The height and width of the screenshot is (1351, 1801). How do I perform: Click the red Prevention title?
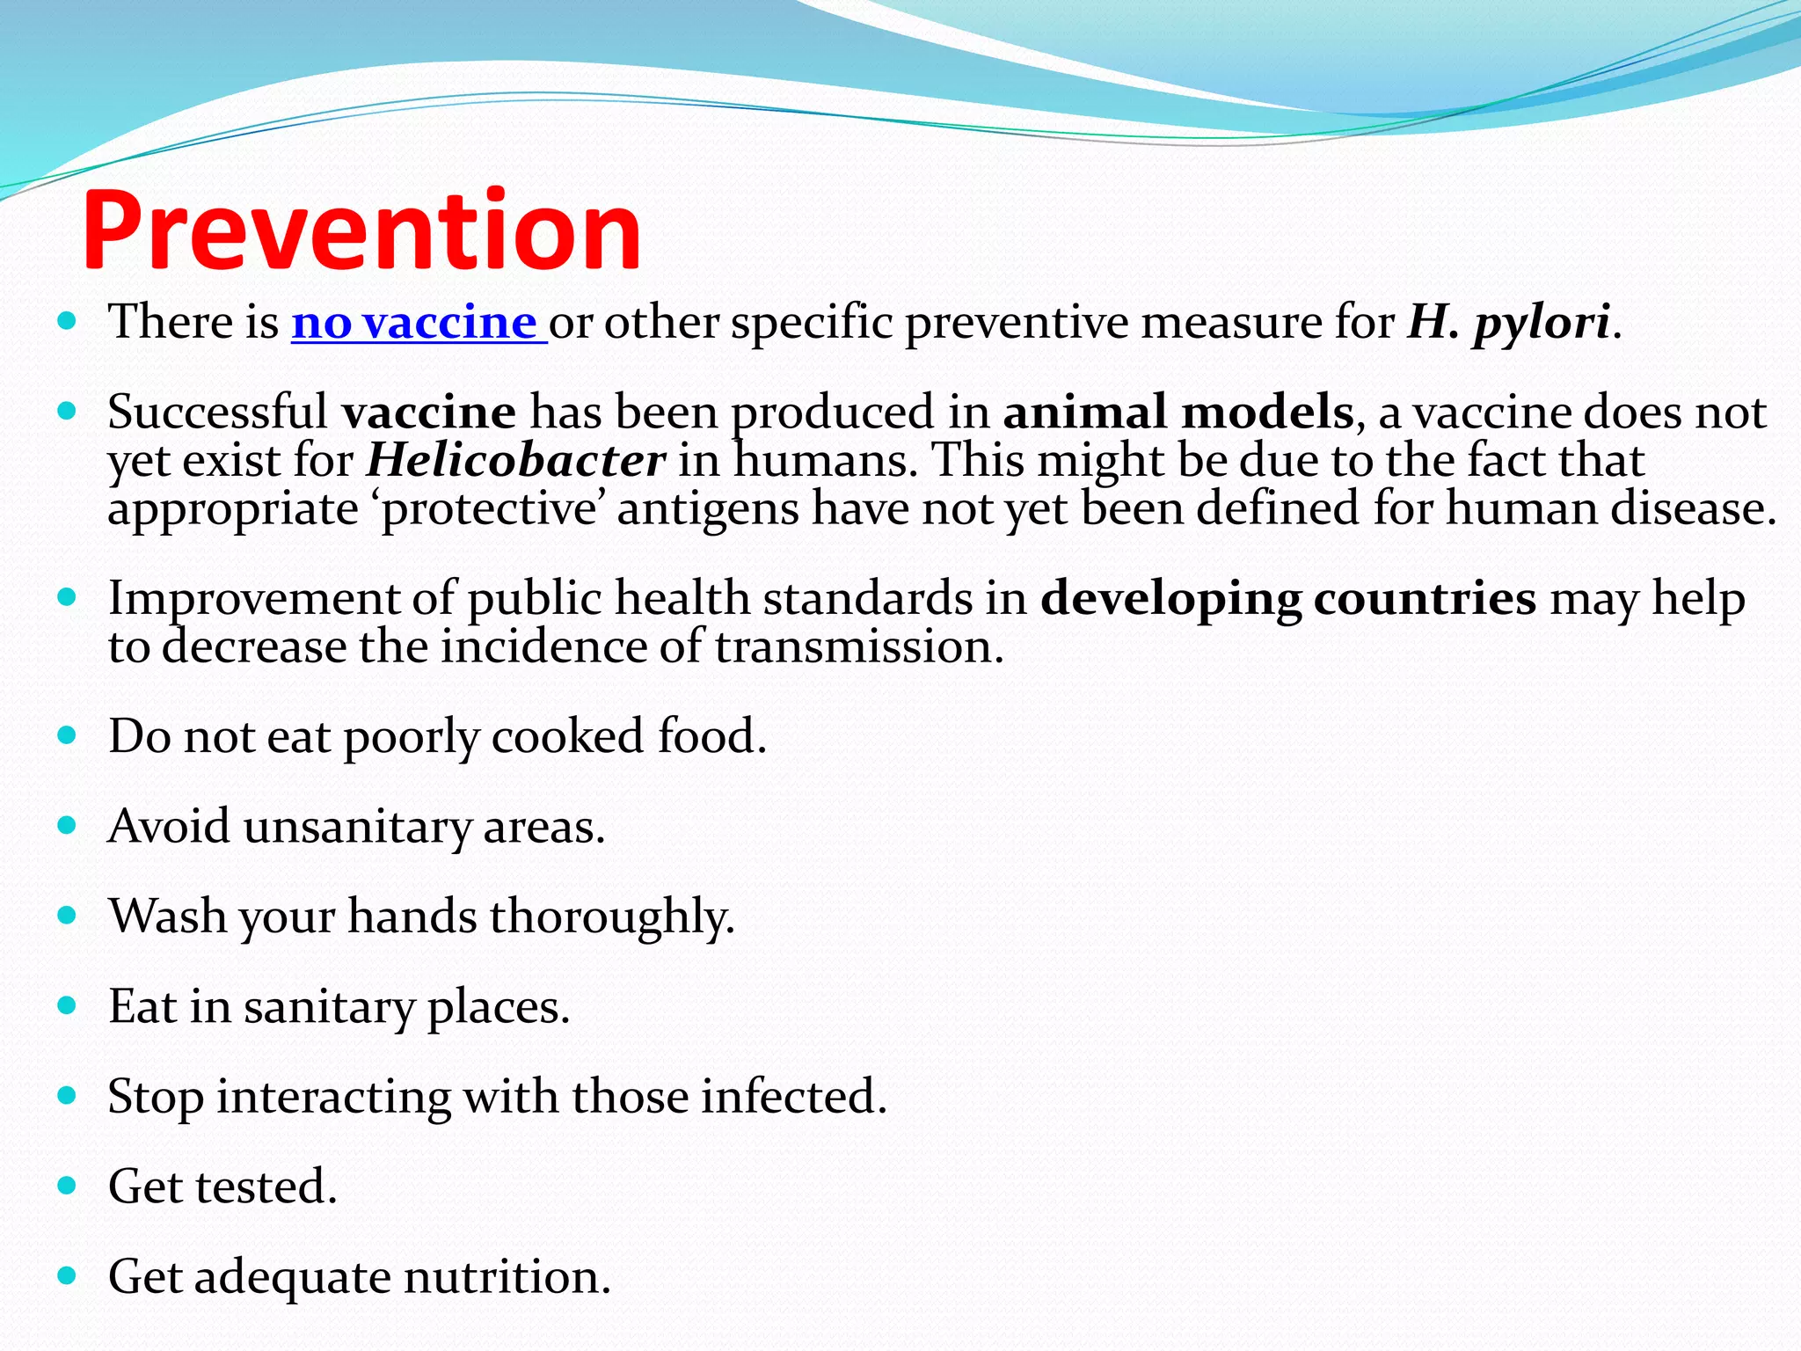point(361,230)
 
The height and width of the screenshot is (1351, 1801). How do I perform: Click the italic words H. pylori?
point(1509,322)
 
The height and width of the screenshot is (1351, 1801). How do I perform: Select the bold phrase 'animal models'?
point(1178,412)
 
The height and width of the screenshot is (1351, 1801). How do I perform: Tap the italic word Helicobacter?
point(515,461)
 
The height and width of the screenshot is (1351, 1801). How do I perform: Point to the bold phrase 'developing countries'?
point(1288,599)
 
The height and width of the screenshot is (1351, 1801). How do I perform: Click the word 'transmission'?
point(858,647)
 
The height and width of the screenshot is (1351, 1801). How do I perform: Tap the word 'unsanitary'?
point(357,827)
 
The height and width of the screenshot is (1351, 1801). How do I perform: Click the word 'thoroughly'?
point(611,916)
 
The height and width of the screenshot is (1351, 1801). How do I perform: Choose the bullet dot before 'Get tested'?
point(68,1185)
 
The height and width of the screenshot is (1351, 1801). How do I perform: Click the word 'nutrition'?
point(507,1277)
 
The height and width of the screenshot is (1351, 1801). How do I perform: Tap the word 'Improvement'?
point(253,599)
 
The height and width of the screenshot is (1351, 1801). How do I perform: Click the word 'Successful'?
point(217,412)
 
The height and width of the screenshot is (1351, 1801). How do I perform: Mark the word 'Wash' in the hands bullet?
point(168,916)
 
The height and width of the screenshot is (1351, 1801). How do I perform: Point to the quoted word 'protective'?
point(489,509)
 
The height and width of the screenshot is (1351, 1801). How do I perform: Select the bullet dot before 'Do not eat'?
point(68,734)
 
